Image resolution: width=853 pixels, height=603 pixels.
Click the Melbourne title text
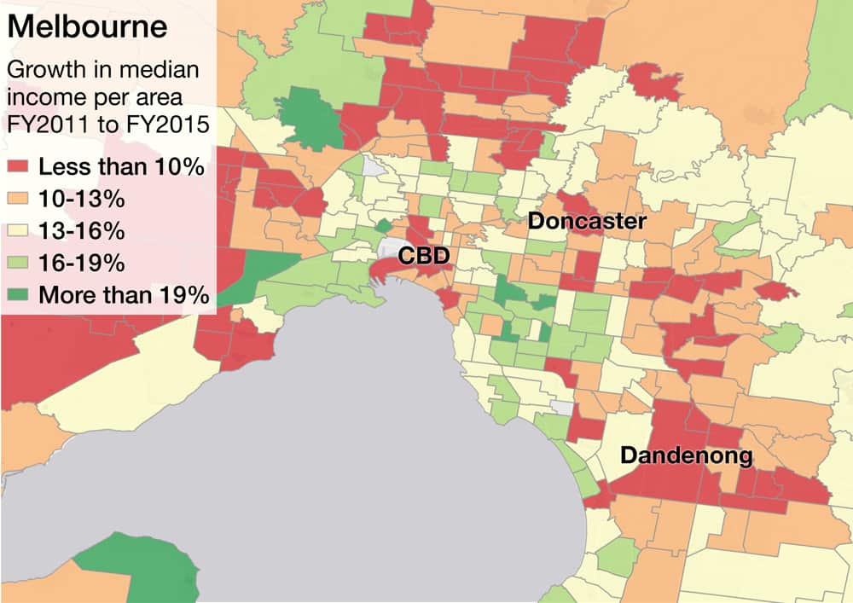coord(88,27)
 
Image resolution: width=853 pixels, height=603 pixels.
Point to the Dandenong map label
coord(686,455)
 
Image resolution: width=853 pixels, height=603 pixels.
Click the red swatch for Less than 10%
coord(19,167)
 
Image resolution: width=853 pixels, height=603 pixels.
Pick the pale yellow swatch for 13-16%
coord(19,231)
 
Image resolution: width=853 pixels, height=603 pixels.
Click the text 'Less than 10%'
coord(121,167)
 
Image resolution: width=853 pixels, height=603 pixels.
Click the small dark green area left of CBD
coord(383,225)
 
